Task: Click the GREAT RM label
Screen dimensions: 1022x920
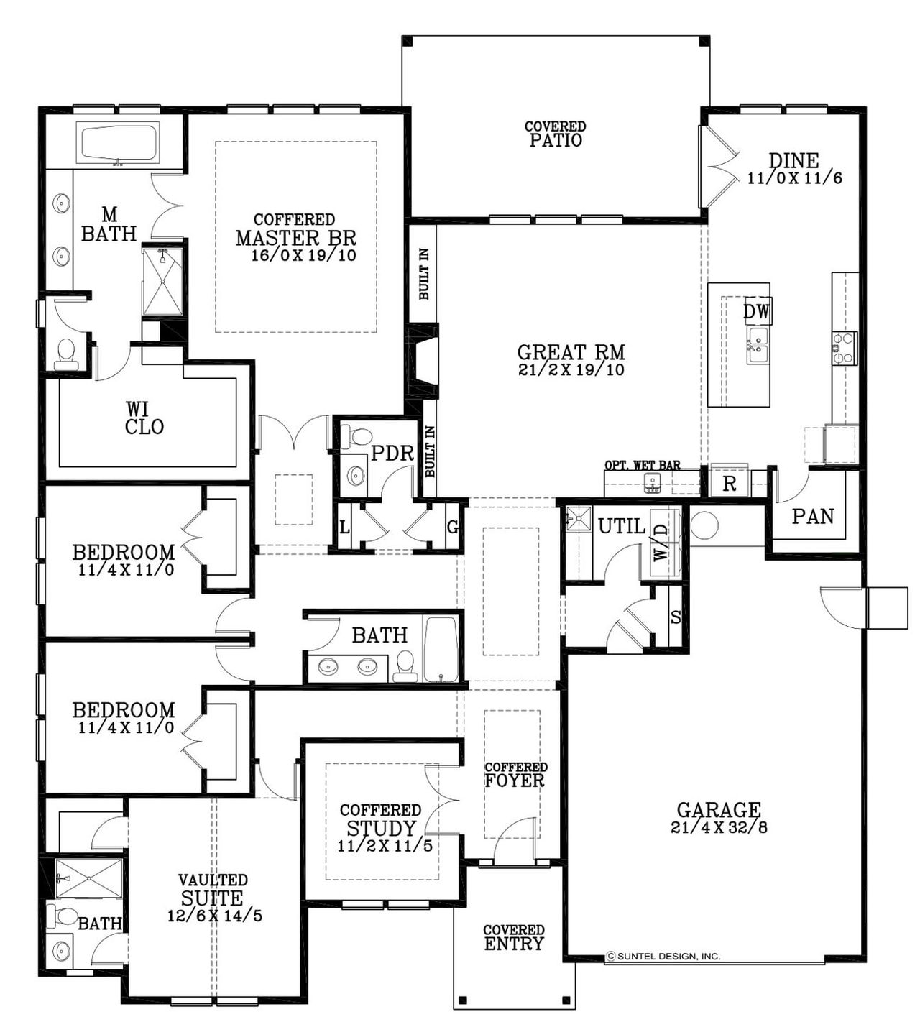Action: point(571,352)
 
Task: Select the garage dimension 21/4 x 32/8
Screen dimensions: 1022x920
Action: point(719,827)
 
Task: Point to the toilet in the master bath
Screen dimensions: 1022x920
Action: point(66,353)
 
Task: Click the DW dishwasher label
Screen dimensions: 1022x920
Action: point(756,312)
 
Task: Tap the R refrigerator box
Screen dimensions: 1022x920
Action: point(729,484)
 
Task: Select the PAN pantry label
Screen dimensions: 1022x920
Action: point(813,516)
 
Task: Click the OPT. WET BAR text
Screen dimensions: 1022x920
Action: point(642,466)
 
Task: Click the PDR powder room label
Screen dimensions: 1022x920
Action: point(392,454)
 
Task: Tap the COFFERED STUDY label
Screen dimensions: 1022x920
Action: point(380,819)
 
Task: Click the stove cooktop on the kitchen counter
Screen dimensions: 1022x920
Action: point(845,347)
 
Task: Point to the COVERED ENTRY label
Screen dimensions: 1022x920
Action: point(513,937)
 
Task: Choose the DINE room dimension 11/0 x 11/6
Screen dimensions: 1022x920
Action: point(794,178)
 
